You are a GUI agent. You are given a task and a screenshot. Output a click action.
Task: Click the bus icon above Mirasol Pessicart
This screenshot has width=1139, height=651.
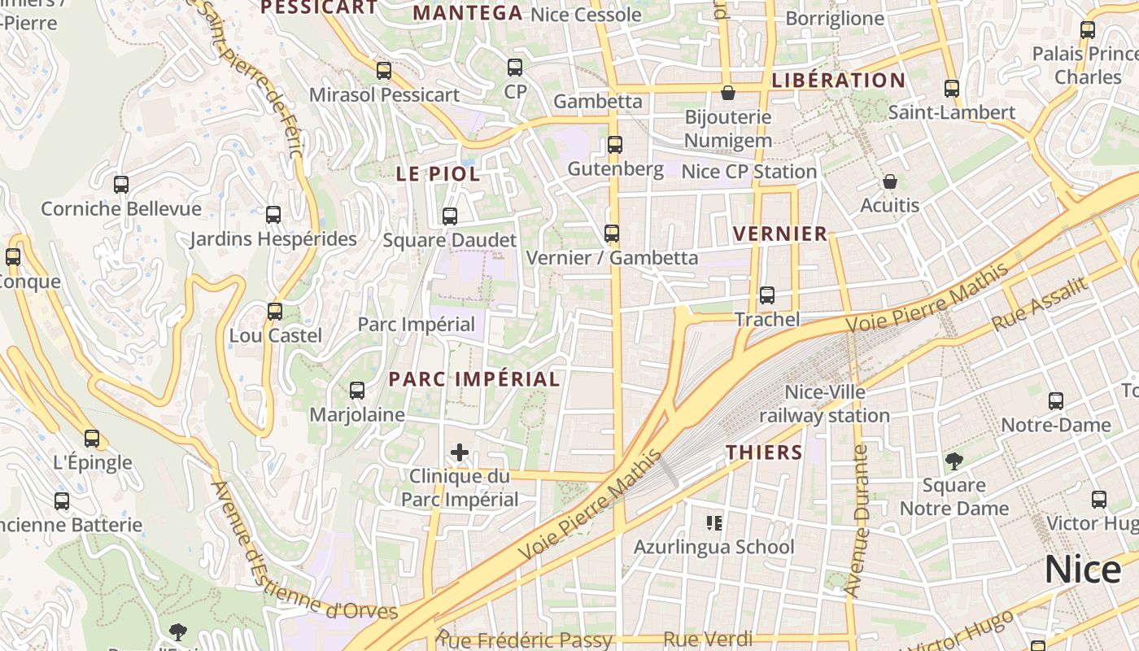point(384,71)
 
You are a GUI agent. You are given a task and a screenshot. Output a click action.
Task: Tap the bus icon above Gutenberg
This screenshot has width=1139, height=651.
point(615,145)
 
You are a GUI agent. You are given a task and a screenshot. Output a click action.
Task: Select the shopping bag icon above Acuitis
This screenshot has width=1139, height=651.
point(890,181)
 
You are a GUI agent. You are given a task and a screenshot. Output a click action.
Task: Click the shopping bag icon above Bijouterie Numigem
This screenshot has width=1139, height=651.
point(727,93)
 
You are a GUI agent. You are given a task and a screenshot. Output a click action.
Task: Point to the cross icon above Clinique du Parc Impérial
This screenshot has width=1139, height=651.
point(460,452)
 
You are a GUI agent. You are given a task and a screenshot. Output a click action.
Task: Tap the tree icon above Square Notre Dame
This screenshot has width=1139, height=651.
point(954,461)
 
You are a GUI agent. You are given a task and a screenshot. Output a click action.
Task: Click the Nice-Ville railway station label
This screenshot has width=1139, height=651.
point(824,404)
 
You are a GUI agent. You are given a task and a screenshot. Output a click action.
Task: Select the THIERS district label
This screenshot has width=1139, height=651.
point(764,452)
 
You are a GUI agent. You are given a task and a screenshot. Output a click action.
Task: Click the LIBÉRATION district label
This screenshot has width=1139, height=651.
point(838,81)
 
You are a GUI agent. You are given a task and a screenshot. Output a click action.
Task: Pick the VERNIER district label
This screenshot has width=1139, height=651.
point(779,234)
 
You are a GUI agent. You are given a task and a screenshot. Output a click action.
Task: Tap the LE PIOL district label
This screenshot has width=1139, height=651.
point(438,174)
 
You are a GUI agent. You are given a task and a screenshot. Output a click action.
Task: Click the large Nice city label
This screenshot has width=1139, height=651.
point(1083,569)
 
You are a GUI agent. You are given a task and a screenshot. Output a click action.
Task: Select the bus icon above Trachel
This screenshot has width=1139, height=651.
point(767,295)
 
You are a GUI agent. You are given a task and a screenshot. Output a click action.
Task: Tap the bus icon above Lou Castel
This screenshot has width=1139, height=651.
point(275,311)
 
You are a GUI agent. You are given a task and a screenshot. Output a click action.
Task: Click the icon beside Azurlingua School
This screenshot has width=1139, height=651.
point(714,522)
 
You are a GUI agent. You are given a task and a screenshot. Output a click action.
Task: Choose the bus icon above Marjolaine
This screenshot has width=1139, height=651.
point(356,391)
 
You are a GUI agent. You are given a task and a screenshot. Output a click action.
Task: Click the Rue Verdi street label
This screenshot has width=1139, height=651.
point(707,640)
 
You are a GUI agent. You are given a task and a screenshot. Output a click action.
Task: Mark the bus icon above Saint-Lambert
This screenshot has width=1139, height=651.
point(952,89)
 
